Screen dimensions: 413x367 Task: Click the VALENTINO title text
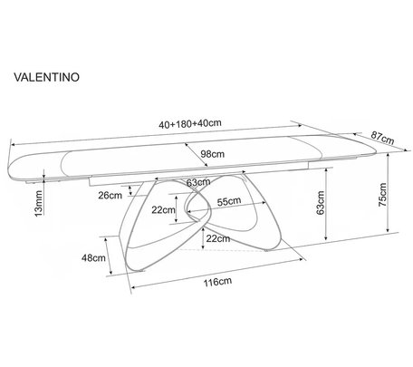pos(46,77)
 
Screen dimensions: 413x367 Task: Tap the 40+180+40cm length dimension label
pos(190,123)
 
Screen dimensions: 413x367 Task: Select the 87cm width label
pos(382,139)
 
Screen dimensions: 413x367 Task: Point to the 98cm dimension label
pos(213,154)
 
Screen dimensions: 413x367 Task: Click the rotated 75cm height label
pos(382,195)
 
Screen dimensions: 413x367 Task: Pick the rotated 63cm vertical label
pos(321,203)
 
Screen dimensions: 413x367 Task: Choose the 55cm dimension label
pos(229,201)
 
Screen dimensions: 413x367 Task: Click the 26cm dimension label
pos(110,196)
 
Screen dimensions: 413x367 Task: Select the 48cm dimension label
pos(93,258)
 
